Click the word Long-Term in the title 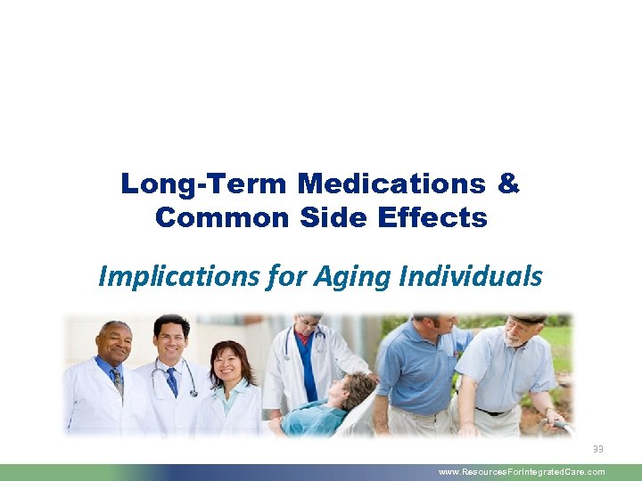pyautogui.click(x=204, y=184)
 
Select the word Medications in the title pyautogui.click(x=392, y=184)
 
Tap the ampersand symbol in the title pyautogui.click(x=508, y=184)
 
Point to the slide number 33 pyautogui.click(x=597, y=449)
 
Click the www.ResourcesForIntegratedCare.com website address pyautogui.click(x=522, y=472)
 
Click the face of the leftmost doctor pyautogui.click(x=115, y=342)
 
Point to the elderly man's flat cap pyautogui.click(x=529, y=318)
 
